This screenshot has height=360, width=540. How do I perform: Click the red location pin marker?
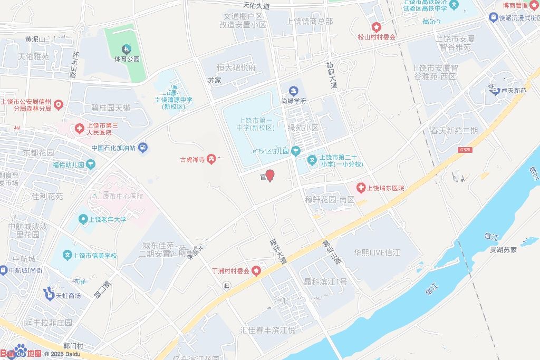click(x=269, y=176)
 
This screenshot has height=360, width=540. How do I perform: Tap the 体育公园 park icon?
click(x=127, y=50)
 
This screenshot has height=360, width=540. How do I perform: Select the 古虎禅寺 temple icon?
click(x=211, y=158)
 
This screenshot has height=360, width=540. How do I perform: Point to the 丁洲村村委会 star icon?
click(x=256, y=271)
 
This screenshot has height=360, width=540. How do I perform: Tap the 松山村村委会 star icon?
click(x=376, y=27)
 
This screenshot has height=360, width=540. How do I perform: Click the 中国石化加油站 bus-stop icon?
click(x=143, y=148)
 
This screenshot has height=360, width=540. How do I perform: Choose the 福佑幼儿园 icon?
click(x=91, y=165)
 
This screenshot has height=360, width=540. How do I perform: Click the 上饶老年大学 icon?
click(x=82, y=219)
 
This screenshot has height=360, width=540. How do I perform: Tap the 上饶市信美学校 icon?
click(x=67, y=256)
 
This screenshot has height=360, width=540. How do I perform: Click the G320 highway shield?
click(x=465, y=150)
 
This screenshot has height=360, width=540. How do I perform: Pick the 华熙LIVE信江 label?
click(x=377, y=252)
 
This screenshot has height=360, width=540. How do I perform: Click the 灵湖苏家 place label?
click(x=503, y=249)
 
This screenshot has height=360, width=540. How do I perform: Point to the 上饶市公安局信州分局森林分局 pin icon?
click(x=59, y=104)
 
